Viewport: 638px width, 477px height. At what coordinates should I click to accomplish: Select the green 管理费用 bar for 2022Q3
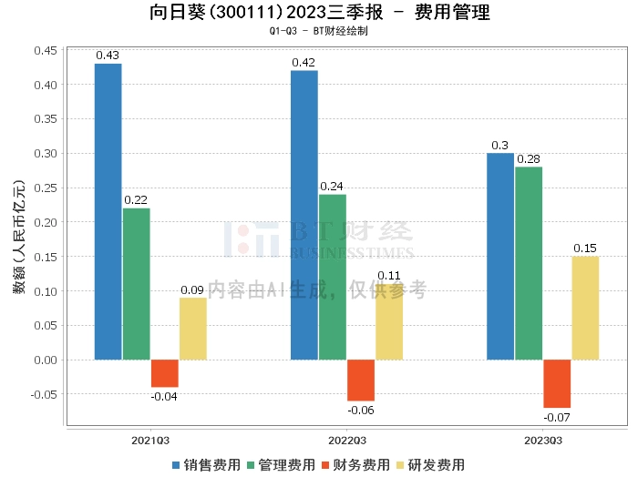[332, 277]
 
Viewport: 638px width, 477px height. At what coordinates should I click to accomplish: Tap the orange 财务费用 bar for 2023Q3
[557, 383]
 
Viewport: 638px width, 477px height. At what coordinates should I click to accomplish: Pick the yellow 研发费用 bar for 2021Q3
[192, 329]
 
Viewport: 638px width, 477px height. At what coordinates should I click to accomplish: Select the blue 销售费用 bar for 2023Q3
[499, 256]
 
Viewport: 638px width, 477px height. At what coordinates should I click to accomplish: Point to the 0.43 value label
[108, 56]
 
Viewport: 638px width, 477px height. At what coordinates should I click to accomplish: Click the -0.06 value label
[360, 411]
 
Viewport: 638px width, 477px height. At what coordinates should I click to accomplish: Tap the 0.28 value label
[529, 158]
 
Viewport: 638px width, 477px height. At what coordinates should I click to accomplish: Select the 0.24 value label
[332, 187]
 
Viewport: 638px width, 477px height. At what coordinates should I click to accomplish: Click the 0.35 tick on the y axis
[45, 119]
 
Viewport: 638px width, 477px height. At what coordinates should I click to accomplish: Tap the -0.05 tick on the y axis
[43, 394]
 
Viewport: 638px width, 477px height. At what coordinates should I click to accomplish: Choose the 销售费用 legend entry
[208, 464]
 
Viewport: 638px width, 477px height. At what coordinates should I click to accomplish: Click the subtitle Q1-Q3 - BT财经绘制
[318, 31]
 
